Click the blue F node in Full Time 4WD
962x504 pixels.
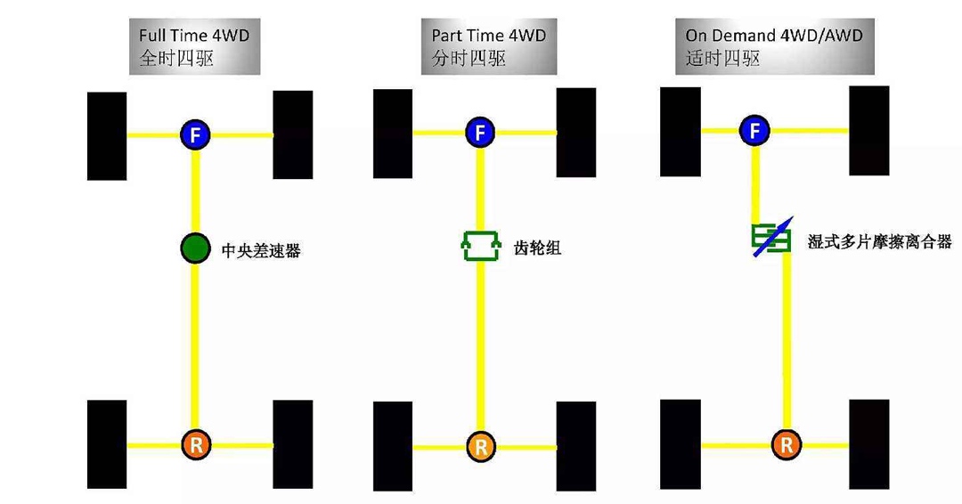click(194, 135)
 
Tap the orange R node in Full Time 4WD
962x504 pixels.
click(194, 443)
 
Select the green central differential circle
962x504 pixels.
click(194, 248)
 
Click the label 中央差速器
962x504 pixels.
click(261, 251)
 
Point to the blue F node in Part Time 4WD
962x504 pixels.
click(480, 133)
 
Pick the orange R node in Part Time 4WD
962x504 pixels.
click(480, 445)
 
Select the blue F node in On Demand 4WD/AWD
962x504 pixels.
click(755, 131)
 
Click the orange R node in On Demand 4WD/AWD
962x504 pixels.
click(786, 443)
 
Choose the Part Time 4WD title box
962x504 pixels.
click(488, 47)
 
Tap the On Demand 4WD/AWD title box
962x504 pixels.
click(773, 47)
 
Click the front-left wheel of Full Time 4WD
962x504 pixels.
click(107, 136)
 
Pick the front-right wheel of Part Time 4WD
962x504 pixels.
click(575, 133)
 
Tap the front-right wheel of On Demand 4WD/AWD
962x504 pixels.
click(868, 130)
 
